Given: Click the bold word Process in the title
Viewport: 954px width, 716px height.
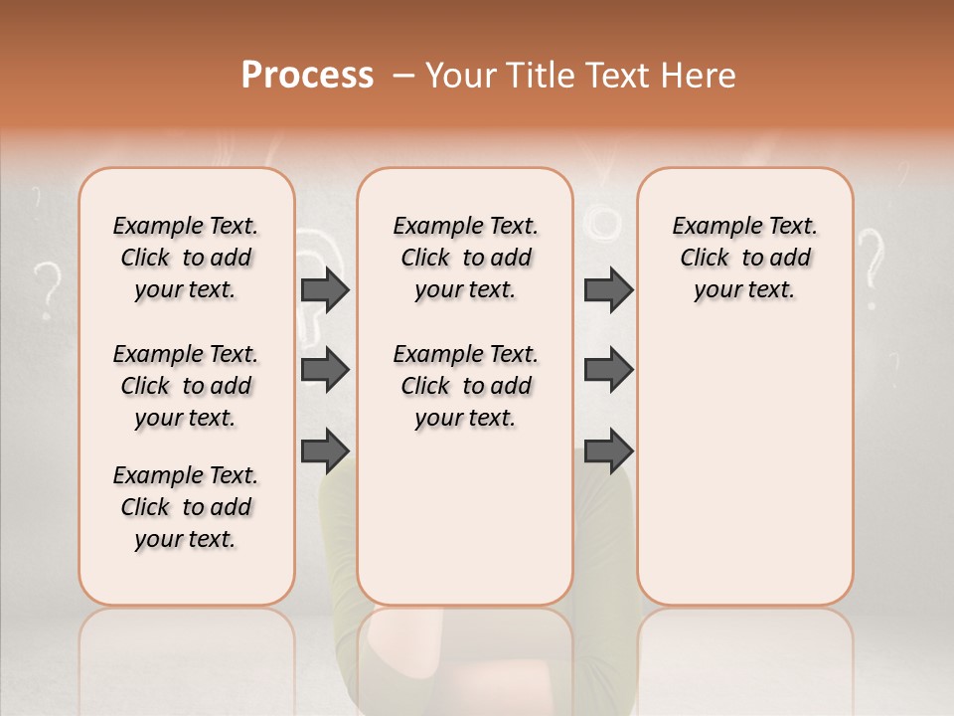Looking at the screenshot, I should [x=307, y=75].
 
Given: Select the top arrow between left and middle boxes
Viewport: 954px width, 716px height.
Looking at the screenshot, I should [x=325, y=289].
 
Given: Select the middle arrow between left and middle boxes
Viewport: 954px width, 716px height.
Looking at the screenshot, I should [x=325, y=370].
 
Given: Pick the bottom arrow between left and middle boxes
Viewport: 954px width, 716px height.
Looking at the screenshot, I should [x=325, y=450].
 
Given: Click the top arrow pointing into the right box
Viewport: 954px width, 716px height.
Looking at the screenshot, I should [x=608, y=289].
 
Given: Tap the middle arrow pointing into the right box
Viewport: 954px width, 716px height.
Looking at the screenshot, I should [x=608, y=370].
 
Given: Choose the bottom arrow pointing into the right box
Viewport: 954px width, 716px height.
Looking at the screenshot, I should [x=608, y=450].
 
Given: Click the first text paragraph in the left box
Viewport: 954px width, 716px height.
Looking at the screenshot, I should [x=186, y=258].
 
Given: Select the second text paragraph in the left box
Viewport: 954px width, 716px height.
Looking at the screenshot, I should [x=186, y=386].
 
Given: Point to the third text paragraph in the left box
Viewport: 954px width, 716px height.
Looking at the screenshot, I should [x=186, y=507].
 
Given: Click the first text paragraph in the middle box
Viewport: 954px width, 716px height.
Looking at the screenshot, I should [x=465, y=258].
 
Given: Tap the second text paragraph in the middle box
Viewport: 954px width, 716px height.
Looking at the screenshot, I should [x=465, y=386].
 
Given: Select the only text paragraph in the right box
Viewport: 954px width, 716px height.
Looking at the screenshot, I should [x=744, y=258].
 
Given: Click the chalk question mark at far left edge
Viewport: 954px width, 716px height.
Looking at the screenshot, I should [x=45, y=288].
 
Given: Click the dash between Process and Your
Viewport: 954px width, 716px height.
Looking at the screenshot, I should [x=403, y=76].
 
